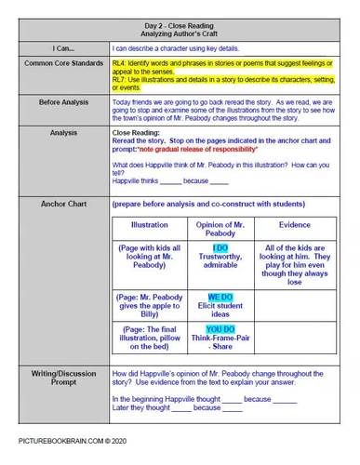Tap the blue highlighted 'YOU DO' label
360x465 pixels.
(x=220, y=329)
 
